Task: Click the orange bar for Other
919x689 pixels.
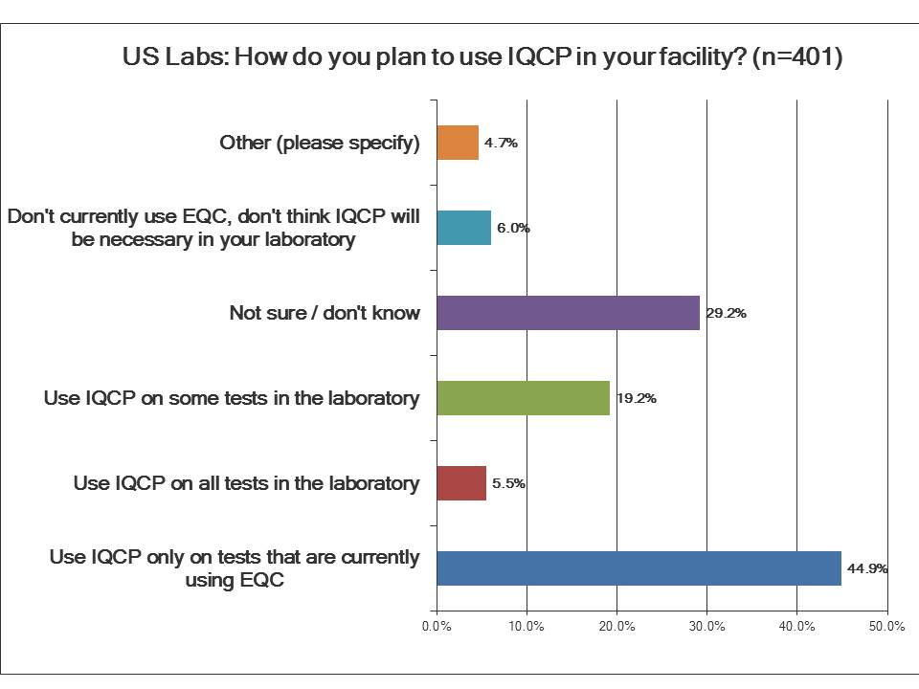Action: pyautogui.click(x=458, y=143)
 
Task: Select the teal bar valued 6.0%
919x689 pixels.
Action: pyautogui.click(x=463, y=228)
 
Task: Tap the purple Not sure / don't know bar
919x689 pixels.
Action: pyautogui.click(x=568, y=313)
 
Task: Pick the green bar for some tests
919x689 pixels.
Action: pyautogui.click(x=523, y=398)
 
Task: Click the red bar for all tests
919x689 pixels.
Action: pyautogui.click(x=461, y=483)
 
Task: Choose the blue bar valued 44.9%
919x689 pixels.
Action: pyautogui.click(x=639, y=567)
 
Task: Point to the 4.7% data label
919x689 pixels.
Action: pyautogui.click(x=501, y=144)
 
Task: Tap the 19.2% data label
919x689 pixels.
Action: pyautogui.click(x=635, y=399)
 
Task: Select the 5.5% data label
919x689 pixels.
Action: pyautogui.click(x=508, y=483)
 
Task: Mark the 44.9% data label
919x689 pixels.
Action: pyautogui.click(x=866, y=568)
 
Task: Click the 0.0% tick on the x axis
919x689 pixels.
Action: pyautogui.click(x=437, y=627)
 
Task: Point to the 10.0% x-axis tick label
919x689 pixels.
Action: pyautogui.click(x=527, y=627)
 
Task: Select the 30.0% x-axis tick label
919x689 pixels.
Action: pyautogui.click(x=706, y=627)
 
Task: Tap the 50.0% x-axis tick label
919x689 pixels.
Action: pyautogui.click(x=886, y=627)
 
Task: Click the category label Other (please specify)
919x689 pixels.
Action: pyautogui.click(x=320, y=143)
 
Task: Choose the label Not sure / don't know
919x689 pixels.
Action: pyautogui.click(x=325, y=313)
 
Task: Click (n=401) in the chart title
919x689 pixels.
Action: pyautogui.click(x=796, y=56)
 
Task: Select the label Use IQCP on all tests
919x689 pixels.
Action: pyautogui.click(x=246, y=483)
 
